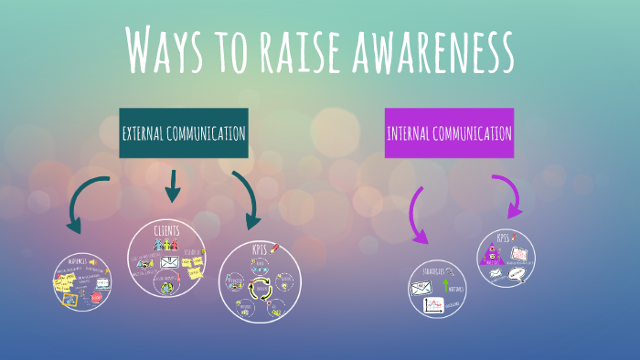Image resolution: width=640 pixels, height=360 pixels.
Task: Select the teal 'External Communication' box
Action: pyautogui.click(x=184, y=133)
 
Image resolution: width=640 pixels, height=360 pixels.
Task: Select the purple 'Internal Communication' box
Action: pyautogui.click(x=449, y=133)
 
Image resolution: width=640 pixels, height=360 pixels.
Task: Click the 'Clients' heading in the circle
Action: pyautogui.click(x=167, y=229)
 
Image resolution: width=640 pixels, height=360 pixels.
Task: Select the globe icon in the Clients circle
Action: pyautogui.click(x=167, y=287)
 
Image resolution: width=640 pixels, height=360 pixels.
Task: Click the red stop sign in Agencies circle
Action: pyautogui.click(x=97, y=297)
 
